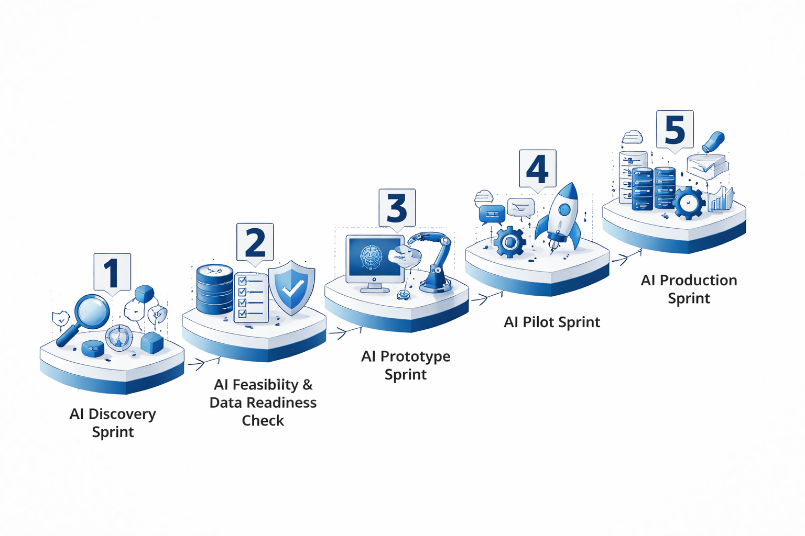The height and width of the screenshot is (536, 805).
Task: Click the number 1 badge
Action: [x=112, y=272]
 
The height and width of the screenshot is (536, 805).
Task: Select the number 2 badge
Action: [x=255, y=242]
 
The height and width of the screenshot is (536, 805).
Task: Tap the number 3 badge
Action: [x=397, y=208]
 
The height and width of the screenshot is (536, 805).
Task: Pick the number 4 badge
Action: [x=537, y=169]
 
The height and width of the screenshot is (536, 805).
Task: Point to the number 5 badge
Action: [x=675, y=129]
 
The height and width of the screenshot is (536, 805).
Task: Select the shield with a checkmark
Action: [x=291, y=288]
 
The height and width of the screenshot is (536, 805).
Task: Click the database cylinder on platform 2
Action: [x=214, y=289]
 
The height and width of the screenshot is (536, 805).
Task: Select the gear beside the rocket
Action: [x=509, y=242]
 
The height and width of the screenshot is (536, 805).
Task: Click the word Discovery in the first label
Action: [x=122, y=414]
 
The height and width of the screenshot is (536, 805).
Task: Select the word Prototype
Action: [x=415, y=356]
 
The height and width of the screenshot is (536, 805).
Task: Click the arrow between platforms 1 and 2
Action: [x=203, y=363]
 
